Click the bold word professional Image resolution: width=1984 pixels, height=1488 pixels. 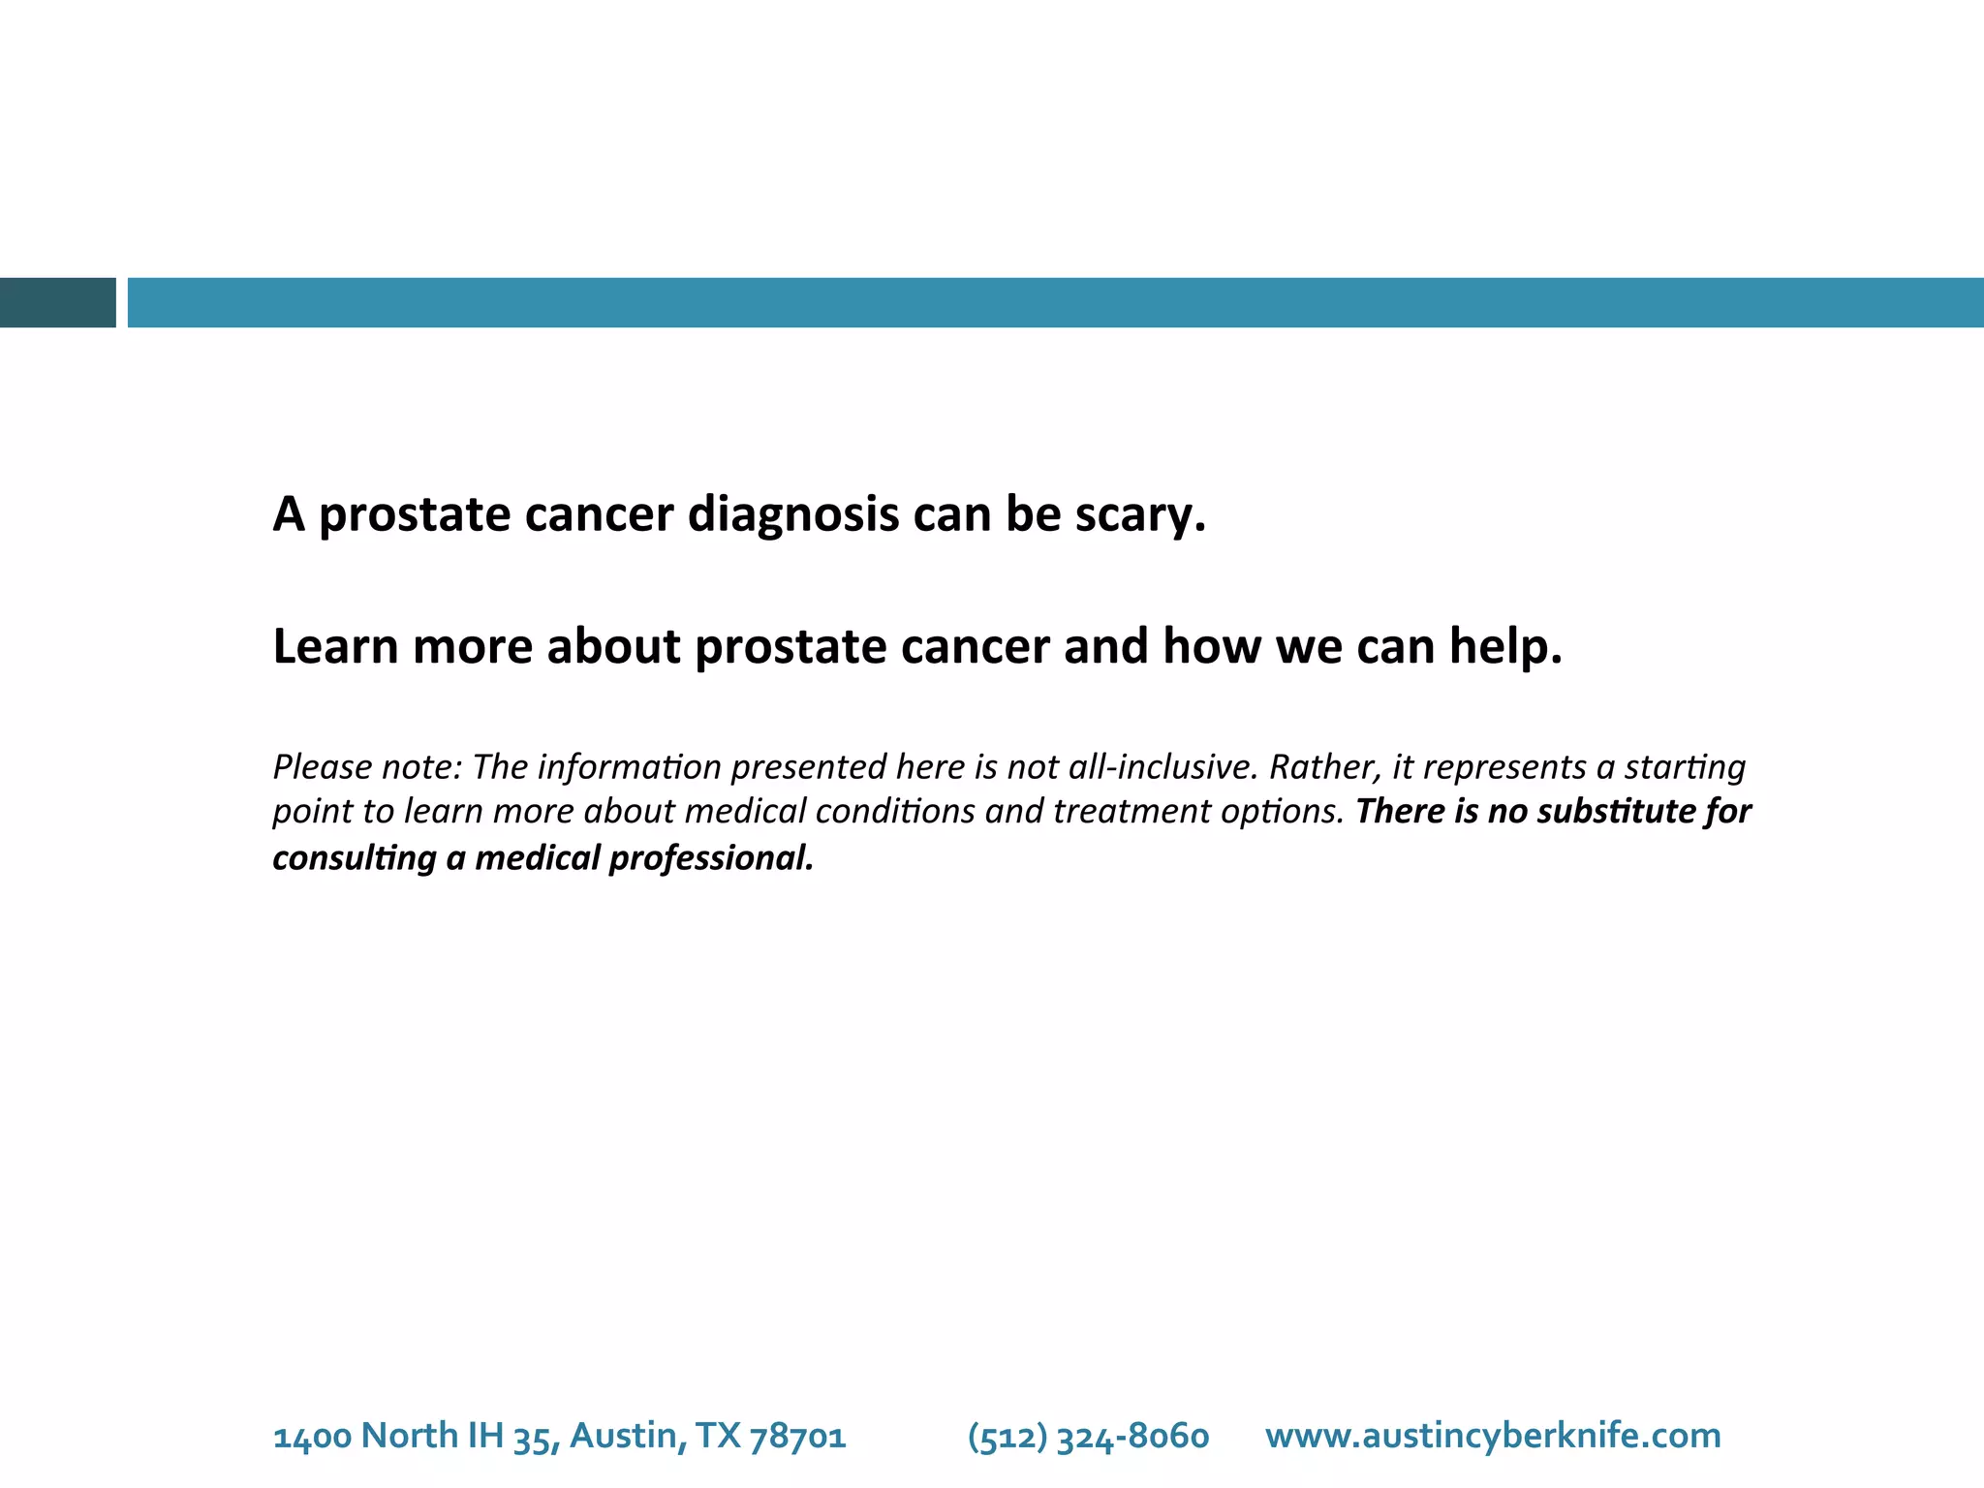tap(711, 858)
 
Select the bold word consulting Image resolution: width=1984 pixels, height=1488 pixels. tap(355, 858)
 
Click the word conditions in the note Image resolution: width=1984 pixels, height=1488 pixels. tap(895, 811)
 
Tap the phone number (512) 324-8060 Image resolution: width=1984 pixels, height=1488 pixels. tap(1088, 1436)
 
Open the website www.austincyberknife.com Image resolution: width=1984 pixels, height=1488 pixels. tap(1493, 1436)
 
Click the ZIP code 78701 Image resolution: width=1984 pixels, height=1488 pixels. tap(798, 1436)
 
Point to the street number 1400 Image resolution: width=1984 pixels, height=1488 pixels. tap(312, 1436)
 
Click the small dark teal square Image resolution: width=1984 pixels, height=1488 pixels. tap(57, 302)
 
